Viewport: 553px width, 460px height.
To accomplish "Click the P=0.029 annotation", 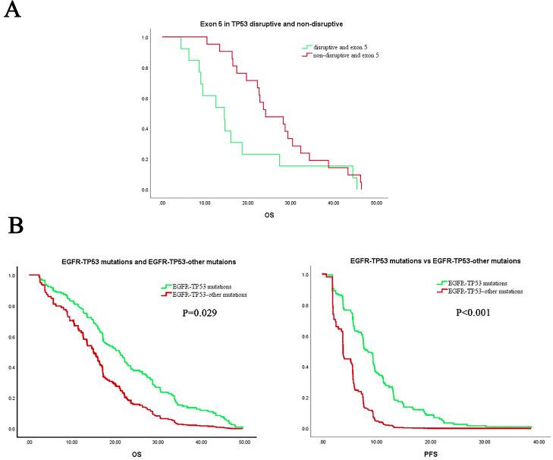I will tap(194, 310).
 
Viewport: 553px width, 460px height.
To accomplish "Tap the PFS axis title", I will tap(430, 454).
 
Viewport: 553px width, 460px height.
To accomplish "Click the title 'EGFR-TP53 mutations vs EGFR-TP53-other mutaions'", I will tap(431, 261).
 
